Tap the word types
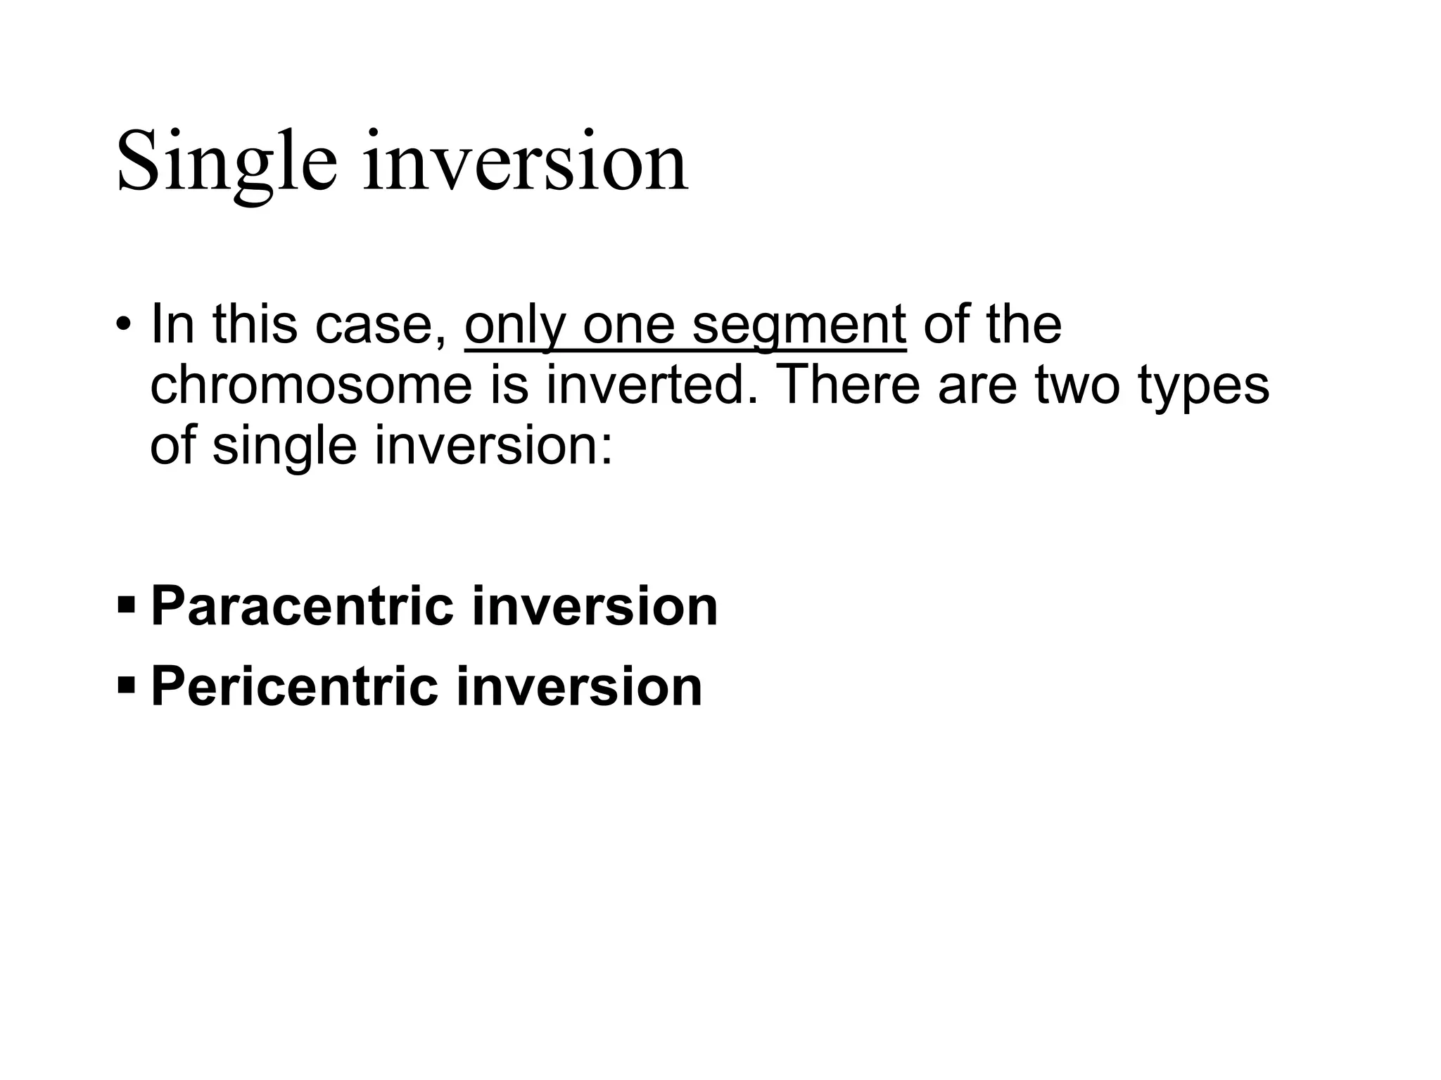1204,387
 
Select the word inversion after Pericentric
579,686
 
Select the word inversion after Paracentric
595,606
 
